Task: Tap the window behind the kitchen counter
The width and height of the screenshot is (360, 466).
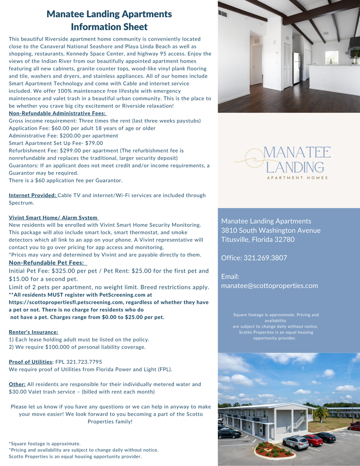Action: (x=332, y=57)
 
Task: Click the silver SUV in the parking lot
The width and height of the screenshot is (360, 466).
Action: (x=295, y=442)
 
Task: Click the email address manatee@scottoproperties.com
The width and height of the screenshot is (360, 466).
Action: (x=269, y=286)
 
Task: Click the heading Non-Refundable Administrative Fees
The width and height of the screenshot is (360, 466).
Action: (x=57, y=113)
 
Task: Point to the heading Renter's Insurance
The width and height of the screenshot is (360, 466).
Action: (x=33, y=332)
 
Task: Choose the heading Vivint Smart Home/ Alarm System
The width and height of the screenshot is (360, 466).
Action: (x=53, y=217)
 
